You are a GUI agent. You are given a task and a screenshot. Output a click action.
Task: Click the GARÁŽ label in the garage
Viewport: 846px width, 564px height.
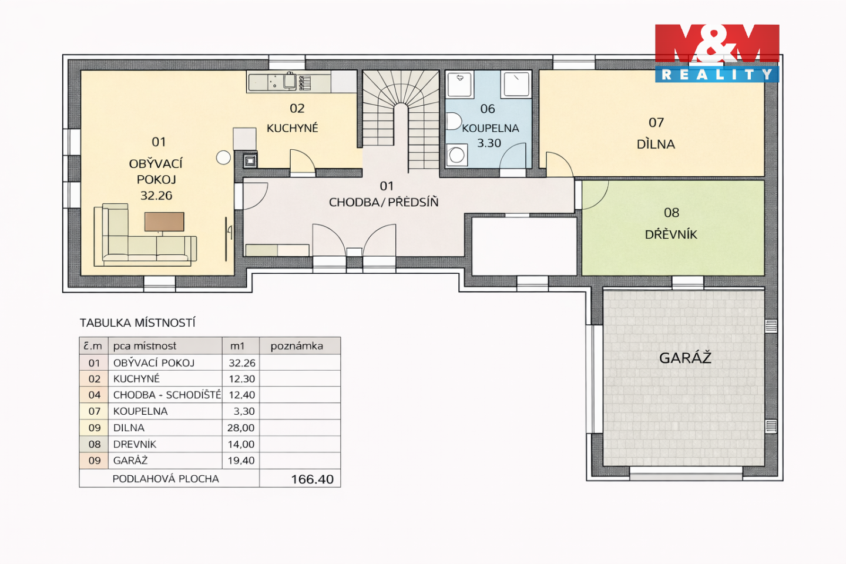pos(685,357)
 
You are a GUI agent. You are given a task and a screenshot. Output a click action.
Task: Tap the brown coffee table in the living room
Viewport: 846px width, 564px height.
pos(164,221)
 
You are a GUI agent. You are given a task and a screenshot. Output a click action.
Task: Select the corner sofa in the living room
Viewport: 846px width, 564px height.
pos(146,235)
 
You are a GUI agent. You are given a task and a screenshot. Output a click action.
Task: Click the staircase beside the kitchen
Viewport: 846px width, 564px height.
pos(401,119)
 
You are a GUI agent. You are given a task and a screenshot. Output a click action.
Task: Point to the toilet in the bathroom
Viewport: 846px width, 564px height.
pos(454,121)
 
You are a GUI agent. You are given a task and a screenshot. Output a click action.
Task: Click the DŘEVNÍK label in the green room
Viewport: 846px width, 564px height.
pos(671,234)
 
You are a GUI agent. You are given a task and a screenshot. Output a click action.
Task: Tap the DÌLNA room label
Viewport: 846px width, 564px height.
pos(656,144)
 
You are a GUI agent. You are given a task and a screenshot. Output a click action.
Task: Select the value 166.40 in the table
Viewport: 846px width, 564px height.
pos(313,479)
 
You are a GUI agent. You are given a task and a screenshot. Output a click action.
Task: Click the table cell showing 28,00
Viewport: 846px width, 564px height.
pos(241,428)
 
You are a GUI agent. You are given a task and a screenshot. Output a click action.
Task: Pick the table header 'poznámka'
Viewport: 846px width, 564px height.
pos(297,346)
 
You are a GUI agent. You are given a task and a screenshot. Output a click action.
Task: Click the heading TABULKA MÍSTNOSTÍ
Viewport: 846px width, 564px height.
pos(137,323)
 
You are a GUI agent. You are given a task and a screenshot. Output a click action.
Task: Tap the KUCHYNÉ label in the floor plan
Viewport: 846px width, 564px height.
pos(293,128)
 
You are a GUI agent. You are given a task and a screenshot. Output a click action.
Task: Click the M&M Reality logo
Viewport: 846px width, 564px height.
pos(717,53)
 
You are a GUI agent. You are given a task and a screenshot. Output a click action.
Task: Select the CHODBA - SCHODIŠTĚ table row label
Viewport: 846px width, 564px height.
pos(167,395)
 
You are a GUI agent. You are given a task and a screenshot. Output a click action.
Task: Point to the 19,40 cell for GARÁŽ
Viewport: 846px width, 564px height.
pos(241,461)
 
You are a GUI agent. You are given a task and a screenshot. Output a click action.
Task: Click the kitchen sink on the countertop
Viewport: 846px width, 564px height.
pos(289,80)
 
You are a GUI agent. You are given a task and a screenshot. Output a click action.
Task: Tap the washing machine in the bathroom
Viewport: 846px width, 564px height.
pos(456,155)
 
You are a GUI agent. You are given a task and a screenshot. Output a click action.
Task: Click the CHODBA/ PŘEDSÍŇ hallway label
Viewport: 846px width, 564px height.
pos(384,202)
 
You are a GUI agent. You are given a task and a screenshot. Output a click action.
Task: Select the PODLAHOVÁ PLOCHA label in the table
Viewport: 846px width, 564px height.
pos(166,479)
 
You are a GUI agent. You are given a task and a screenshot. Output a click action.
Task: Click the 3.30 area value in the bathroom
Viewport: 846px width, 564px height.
pos(489,143)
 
